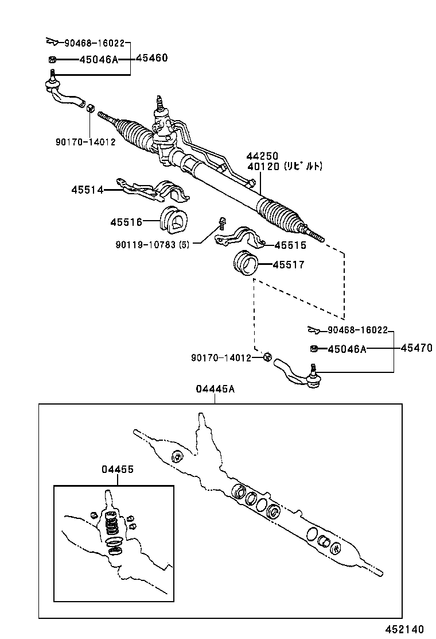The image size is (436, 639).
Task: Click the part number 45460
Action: pyautogui.click(x=151, y=58)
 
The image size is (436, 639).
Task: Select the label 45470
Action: pyautogui.click(x=416, y=348)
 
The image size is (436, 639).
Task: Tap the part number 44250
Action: pyautogui.click(x=262, y=156)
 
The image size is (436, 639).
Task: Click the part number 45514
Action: pyautogui.click(x=87, y=190)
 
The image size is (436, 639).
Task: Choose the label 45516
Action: pyautogui.click(x=126, y=222)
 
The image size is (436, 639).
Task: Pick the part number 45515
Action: pyautogui.click(x=290, y=245)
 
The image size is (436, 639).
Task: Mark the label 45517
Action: pyautogui.click(x=289, y=265)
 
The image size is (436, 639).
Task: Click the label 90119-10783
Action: pyautogui.click(x=146, y=245)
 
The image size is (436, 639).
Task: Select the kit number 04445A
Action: pyautogui.click(x=215, y=389)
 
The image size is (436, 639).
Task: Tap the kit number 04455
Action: pyautogui.click(x=118, y=469)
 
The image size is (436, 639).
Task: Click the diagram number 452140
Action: pyautogui.click(x=404, y=629)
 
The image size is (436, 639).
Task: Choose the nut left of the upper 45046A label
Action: pyautogui.click(x=52, y=60)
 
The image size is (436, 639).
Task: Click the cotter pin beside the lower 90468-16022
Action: pyautogui.click(x=314, y=329)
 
